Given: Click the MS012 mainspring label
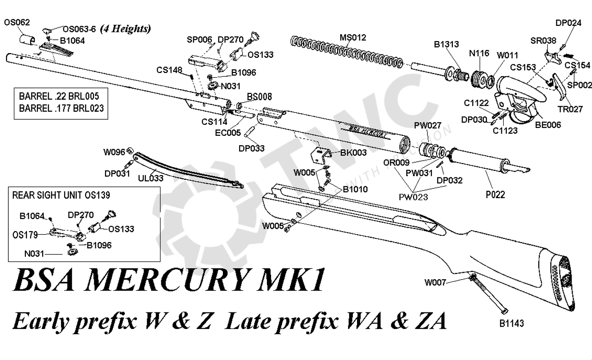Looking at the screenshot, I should pos(353,38).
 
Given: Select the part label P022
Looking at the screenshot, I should pos(495,195).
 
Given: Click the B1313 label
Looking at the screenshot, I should pos(446,44).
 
